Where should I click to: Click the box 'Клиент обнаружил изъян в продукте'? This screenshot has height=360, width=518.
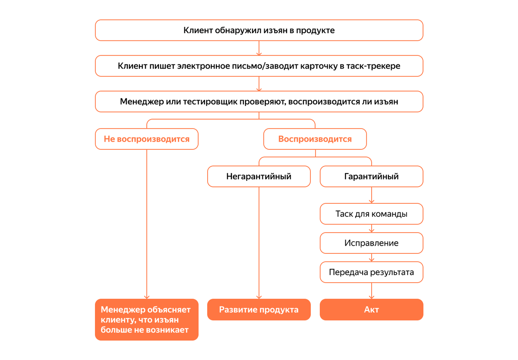[x=259, y=30]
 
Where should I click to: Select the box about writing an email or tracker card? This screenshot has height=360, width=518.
[x=259, y=66]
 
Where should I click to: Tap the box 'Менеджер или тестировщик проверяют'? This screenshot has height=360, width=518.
[x=259, y=102]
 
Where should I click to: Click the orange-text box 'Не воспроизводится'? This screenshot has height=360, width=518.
[x=146, y=139]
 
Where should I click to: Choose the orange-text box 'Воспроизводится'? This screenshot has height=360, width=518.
[x=315, y=139]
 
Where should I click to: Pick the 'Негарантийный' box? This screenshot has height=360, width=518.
[x=259, y=176]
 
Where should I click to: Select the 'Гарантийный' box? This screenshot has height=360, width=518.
[x=371, y=176]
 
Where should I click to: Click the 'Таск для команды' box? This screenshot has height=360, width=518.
[x=371, y=214]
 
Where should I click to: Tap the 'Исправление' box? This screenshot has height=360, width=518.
[x=371, y=243]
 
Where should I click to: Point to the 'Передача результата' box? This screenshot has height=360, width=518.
[x=371, y=272]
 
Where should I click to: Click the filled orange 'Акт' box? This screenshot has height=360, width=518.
[x=371, y=309]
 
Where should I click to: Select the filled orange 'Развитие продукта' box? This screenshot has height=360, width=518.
[x=259, y=309]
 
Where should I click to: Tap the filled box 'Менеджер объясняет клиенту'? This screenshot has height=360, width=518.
[x=146, y=320]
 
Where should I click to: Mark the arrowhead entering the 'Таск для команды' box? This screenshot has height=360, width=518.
[x=371, y=201]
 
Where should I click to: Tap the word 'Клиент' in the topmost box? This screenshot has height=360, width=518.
[x=197, y=30]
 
